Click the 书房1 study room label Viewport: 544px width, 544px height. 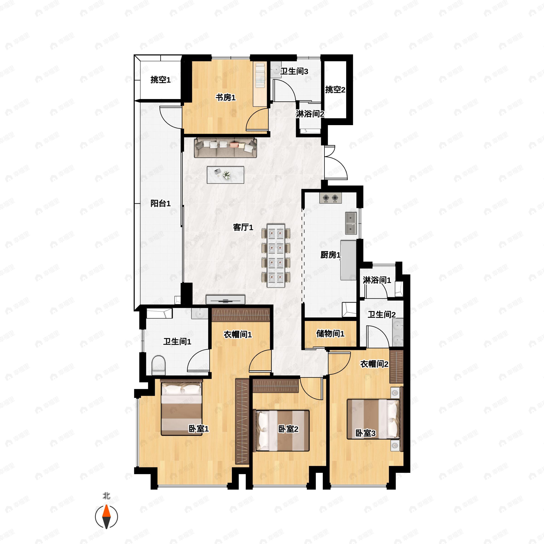(226, 98)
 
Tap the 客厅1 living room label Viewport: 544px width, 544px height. (243, 227)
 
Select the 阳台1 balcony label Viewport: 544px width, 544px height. (160, 203)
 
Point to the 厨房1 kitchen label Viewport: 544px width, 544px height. (330, 255)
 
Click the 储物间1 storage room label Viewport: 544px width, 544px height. (330, 334)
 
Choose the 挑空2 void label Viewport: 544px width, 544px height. (335, 90)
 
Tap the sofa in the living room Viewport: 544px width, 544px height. (226, 148)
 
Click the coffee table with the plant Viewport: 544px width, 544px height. (226, 175)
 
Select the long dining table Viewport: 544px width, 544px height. (276, 256)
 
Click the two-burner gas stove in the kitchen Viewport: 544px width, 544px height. (330, 198)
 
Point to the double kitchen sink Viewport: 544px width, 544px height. (351, 223)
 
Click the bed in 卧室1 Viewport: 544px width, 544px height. (182, 408)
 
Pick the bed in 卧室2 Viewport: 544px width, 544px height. (282, 431)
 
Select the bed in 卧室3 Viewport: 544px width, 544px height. (373, 419)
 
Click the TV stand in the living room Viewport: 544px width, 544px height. (226, 300)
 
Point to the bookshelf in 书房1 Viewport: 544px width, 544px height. (260, 84)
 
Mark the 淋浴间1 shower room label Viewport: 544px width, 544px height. (377, 280)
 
